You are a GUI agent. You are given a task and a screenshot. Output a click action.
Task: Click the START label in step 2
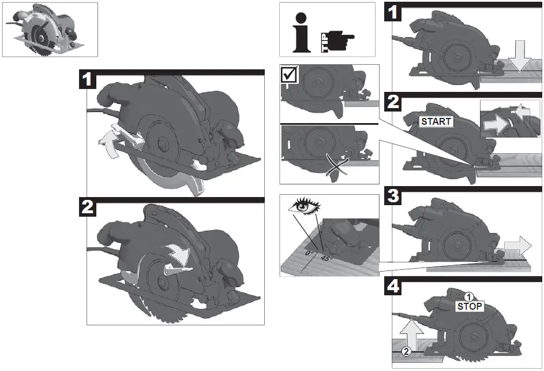coord(436,122)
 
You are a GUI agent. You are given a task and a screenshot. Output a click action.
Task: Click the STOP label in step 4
coord(469,306)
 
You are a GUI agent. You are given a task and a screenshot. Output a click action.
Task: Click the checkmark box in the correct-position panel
coord(290,75)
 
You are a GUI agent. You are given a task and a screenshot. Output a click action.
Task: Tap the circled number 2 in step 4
coord(406,351)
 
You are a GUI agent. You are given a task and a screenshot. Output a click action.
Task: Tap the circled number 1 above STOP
coord(469,296)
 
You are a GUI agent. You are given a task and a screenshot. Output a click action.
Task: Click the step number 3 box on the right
coord(393,196)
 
